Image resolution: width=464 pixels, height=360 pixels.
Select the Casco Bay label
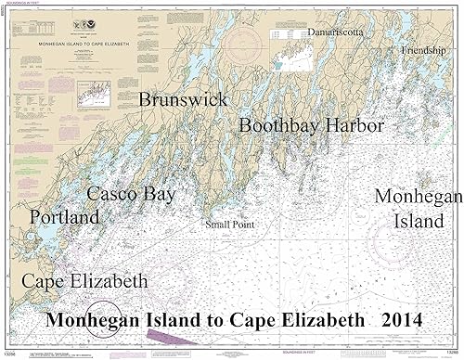click(x=130, y=194)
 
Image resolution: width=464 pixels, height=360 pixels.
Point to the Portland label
click(x=64, y=217)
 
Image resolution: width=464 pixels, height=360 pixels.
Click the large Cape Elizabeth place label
click(x=84, y=280)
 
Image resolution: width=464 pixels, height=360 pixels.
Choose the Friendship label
click(x=423, y=49)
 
